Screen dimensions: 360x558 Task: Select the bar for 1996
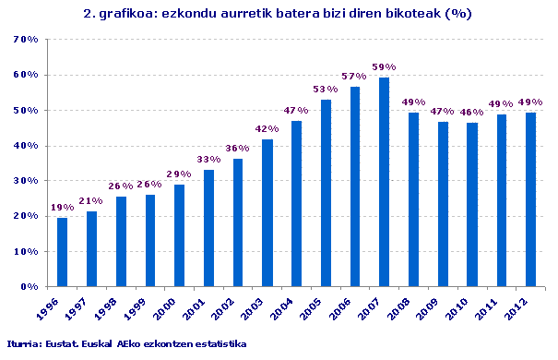tap(62, 252)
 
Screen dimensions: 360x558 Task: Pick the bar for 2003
tap(267, 212)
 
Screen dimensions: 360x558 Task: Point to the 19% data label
tap(62, 208)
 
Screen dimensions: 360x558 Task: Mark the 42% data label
tap(267, 128)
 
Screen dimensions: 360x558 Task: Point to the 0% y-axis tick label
tap(29, 286)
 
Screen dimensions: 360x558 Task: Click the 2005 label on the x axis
tap(312, 304)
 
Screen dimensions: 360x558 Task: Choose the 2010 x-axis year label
tap(458, 304)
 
